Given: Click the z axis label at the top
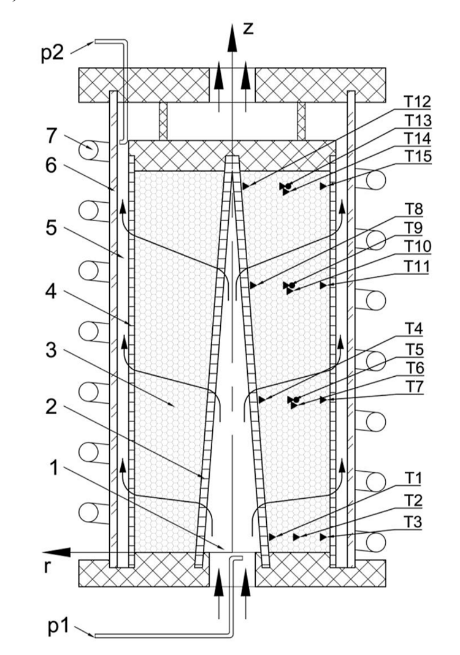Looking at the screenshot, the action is click(248, 29).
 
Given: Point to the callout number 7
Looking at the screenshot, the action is click(53, 136).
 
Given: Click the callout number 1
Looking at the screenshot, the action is click(53, 469).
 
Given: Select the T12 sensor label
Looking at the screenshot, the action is click(417, 102).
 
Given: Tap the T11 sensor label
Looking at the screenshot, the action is click(416, 266).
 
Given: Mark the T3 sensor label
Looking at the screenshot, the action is click(413, 522).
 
